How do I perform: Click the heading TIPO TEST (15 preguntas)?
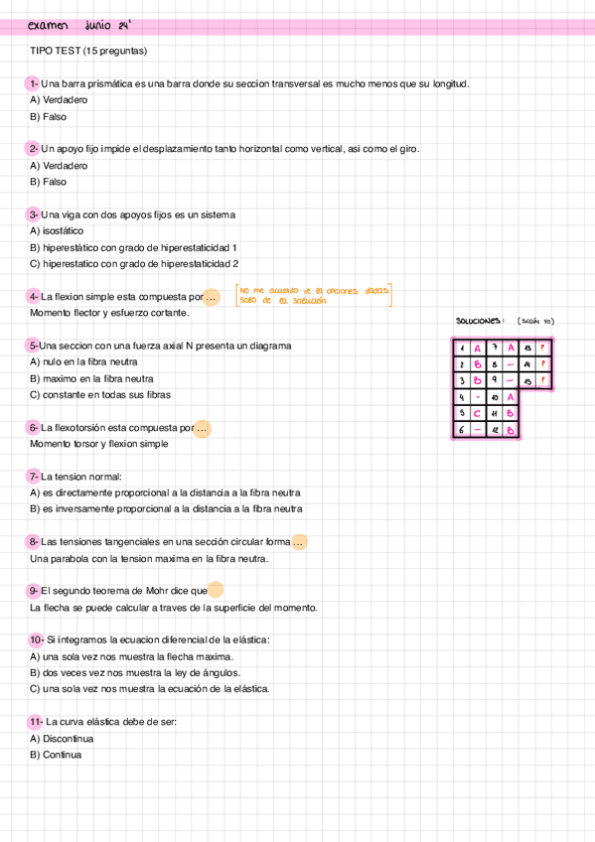pyautogui.click(x=88, y=50)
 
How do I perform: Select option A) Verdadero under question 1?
pyautogui.click(x=59, y=100)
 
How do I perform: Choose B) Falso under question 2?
pyautogui.click(x=49, y=182)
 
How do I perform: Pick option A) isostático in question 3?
pyautogui.click(x=57, y=230)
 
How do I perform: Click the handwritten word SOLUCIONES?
pyautogui.click(x=480, y=321)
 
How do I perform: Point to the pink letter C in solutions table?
pyautogui.click(x=478, y=412)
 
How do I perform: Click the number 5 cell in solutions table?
pyautogui.click(x=461, y=412)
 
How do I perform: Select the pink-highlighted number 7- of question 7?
pyautogui.click(x=34, y=477)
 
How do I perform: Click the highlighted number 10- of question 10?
pyautogui.click(x=37, y=639)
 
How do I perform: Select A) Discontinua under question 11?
pyautogui.click(x=62, y=739)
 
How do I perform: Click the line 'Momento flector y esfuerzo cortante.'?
pyautogui.click(x=109, y=313)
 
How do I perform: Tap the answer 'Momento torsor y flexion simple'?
pyautogui.click(x=99, y=444)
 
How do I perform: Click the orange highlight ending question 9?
pyautogui.click(x=215, y=590)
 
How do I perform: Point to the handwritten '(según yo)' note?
pyautogui.click(x=535, y=321)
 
